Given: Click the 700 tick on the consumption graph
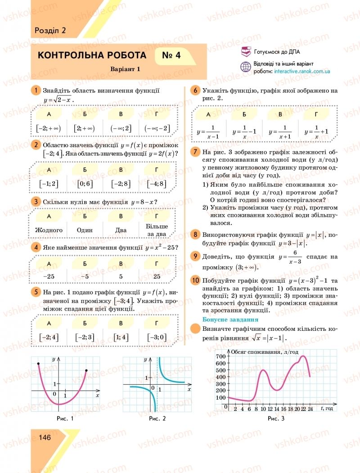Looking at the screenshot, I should pyautogui.click(x=220, y=356).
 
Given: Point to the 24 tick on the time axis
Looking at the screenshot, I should pyautogui.click(x=310, y=409).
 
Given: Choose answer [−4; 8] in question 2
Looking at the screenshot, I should pyautogui.click(x=157, y=184).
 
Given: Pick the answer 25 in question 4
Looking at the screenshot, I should pyautogui.click(x=157, y=275).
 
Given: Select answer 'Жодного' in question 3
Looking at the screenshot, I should pyautogui.click(x=49, y=230).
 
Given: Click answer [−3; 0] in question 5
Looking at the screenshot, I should pyautogui.click(x=157, y=337).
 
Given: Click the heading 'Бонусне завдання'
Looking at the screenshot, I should pyautogui.click(x=224, y=320).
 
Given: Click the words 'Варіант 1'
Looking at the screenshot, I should pyautogui.click(x=126, y=69).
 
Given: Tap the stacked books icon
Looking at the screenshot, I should pyautogui.click(x=246, y=52).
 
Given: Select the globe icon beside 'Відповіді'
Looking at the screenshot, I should pyautogui.click(x=246, y=67).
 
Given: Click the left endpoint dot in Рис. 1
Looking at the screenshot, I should pyautogui.click(x=38, y=363).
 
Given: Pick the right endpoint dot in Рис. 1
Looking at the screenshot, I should pyautogui.click(x=86, y=370).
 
